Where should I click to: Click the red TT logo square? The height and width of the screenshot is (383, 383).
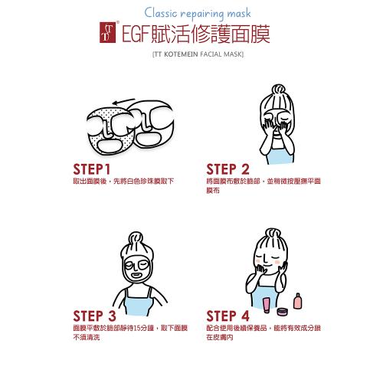pyautogui.click(x=107, y=32)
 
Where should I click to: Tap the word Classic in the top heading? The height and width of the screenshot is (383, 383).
pyautogui.click(x=160, y=12)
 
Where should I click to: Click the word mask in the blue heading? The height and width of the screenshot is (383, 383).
pyautogui.click(x=239, y=13)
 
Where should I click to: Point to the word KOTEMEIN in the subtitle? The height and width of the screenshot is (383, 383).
pyautogui.click(x=181, y=54)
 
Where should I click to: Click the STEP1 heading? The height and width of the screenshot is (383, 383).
pyautogui.click(x=92, y=169)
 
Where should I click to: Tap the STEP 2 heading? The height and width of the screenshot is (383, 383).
pyautogui.click(x=228, y=169)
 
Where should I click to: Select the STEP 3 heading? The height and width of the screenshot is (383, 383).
pyautogui.click(x=94, y=316)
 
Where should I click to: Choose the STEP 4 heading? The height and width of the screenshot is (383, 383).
pyautogui.click(x=228, y=316)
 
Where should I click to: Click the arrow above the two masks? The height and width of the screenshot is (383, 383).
pyautogui.click(x=123, y=101)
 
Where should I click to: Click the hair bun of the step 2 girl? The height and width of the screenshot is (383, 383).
pyautogui.click(x=278, y=90)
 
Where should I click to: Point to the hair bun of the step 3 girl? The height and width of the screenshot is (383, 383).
pyautogui.click(x=136, y=238)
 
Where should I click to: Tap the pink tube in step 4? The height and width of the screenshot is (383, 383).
pyautogui.click(x=266, y=305)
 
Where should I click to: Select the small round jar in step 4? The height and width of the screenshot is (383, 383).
pyautogui.click(x=283, y=312)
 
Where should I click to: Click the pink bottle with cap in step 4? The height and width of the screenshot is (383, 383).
pyautogui.click(x=297, y=301)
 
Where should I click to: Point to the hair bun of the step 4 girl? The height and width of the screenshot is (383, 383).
pyautogui.click(x=273, y=234)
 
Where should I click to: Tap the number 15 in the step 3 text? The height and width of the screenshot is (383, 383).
pyautogui.click(x=137, y=328)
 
